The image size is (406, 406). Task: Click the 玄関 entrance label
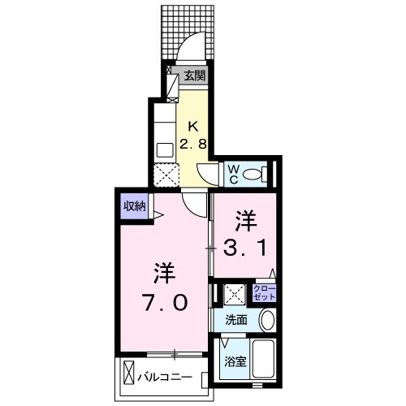point(193,77)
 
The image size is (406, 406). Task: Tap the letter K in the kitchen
point(193,126)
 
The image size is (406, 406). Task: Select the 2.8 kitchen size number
point(192,145)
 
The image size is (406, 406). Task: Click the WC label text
point(231,173)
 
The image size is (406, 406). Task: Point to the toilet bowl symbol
point(255,173)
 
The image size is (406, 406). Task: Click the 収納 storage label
point(134,205)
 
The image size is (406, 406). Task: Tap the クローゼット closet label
point(266,292)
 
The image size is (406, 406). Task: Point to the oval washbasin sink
point(266,321)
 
